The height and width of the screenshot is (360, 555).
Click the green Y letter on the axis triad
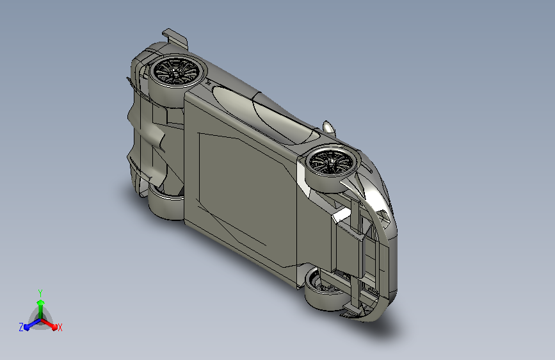40,293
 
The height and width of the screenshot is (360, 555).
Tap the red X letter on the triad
60,327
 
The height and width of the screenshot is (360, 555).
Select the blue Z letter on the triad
21,327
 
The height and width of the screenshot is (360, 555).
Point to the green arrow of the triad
41,309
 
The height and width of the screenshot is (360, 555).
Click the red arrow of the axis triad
49,324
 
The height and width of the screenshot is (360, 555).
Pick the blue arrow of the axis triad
32,324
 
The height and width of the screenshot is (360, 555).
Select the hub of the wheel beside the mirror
331,161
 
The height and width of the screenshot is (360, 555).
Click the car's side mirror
328,127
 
